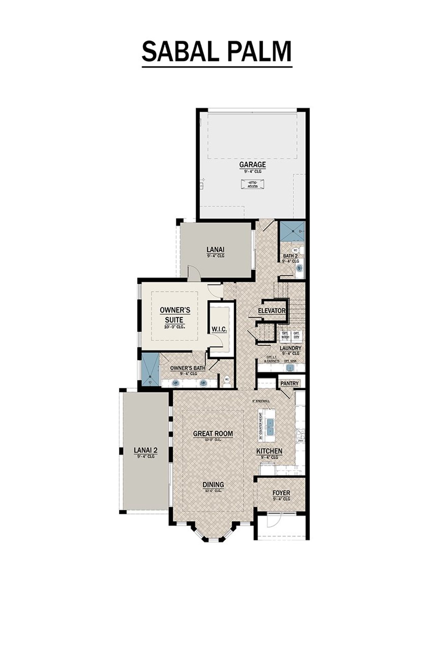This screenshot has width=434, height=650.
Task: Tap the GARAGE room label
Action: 252,165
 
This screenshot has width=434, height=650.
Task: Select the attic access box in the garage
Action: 252,185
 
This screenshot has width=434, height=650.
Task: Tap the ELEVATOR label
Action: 272,310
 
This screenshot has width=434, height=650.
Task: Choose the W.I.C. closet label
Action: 219,329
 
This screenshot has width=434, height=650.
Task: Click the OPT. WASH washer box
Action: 285,335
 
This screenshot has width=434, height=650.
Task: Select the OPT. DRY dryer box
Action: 296,335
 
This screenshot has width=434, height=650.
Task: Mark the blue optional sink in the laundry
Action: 291,368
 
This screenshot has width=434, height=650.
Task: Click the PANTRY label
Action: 290,383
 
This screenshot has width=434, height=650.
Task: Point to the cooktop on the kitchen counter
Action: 300,436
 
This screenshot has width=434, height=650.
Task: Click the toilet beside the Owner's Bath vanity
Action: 227,381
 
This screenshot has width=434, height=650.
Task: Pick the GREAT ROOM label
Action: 213,434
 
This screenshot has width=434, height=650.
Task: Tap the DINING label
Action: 213,484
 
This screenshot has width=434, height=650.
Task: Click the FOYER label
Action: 281,493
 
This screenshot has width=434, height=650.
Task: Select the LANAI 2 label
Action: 145,450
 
